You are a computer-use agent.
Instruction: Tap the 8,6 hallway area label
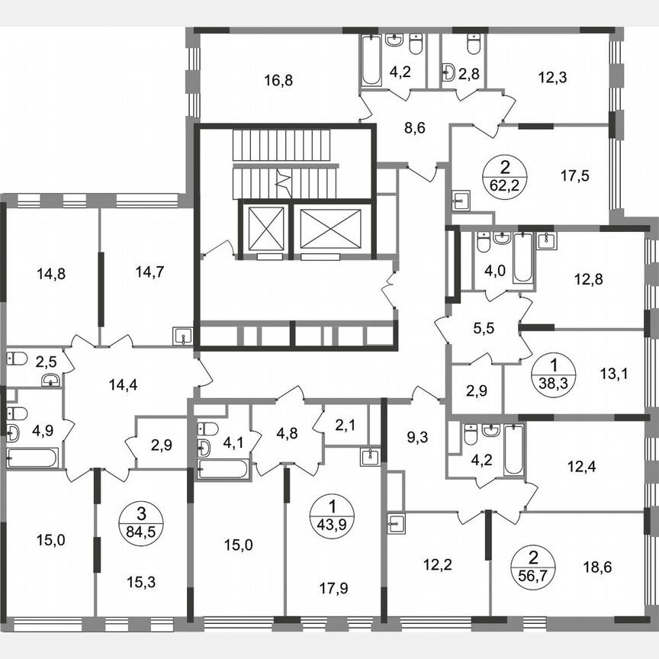point(414,127)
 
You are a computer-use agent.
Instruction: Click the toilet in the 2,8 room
point(473,45)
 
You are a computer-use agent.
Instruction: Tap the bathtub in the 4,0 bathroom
point(522,258)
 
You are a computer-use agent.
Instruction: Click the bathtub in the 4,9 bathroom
point(32,458)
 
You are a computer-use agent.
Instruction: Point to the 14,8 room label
point(51,272)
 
